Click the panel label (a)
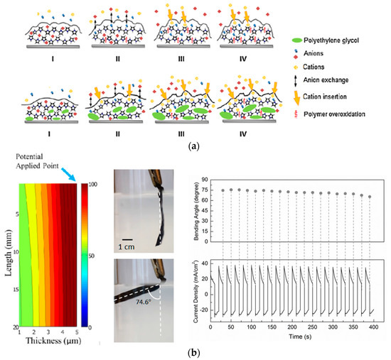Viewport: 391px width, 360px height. tap(195, 149)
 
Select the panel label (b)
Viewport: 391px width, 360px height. tap(195, 353)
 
